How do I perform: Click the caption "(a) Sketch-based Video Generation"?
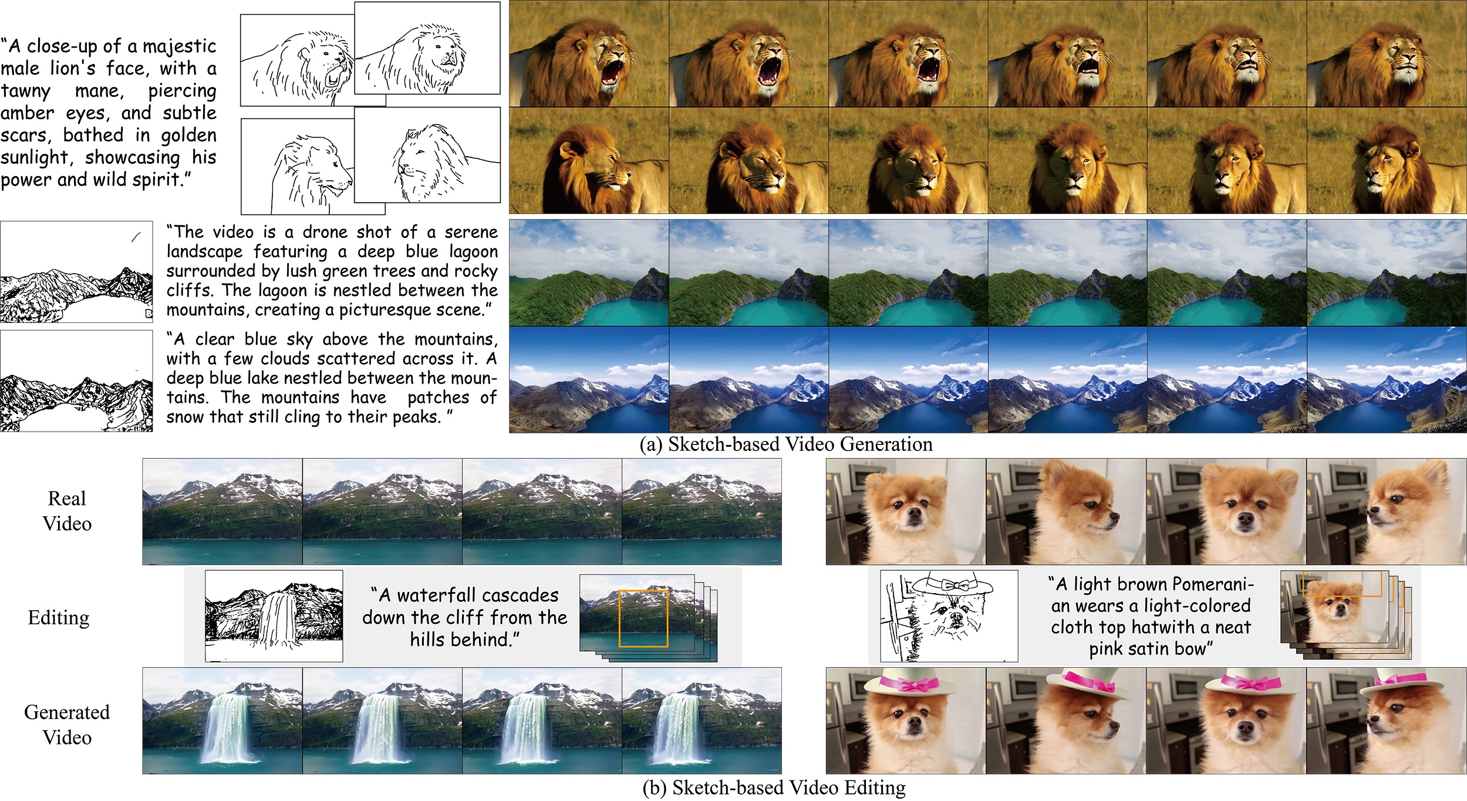tap(786, 445)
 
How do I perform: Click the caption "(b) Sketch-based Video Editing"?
tap(774, 787)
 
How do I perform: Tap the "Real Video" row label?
tap(67, 511)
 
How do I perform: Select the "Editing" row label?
tap(59, 618)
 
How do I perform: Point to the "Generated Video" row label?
tap(67, 725)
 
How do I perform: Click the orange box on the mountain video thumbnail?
tap(643, 619)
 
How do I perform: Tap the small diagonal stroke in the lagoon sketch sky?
tap(136, 237)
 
